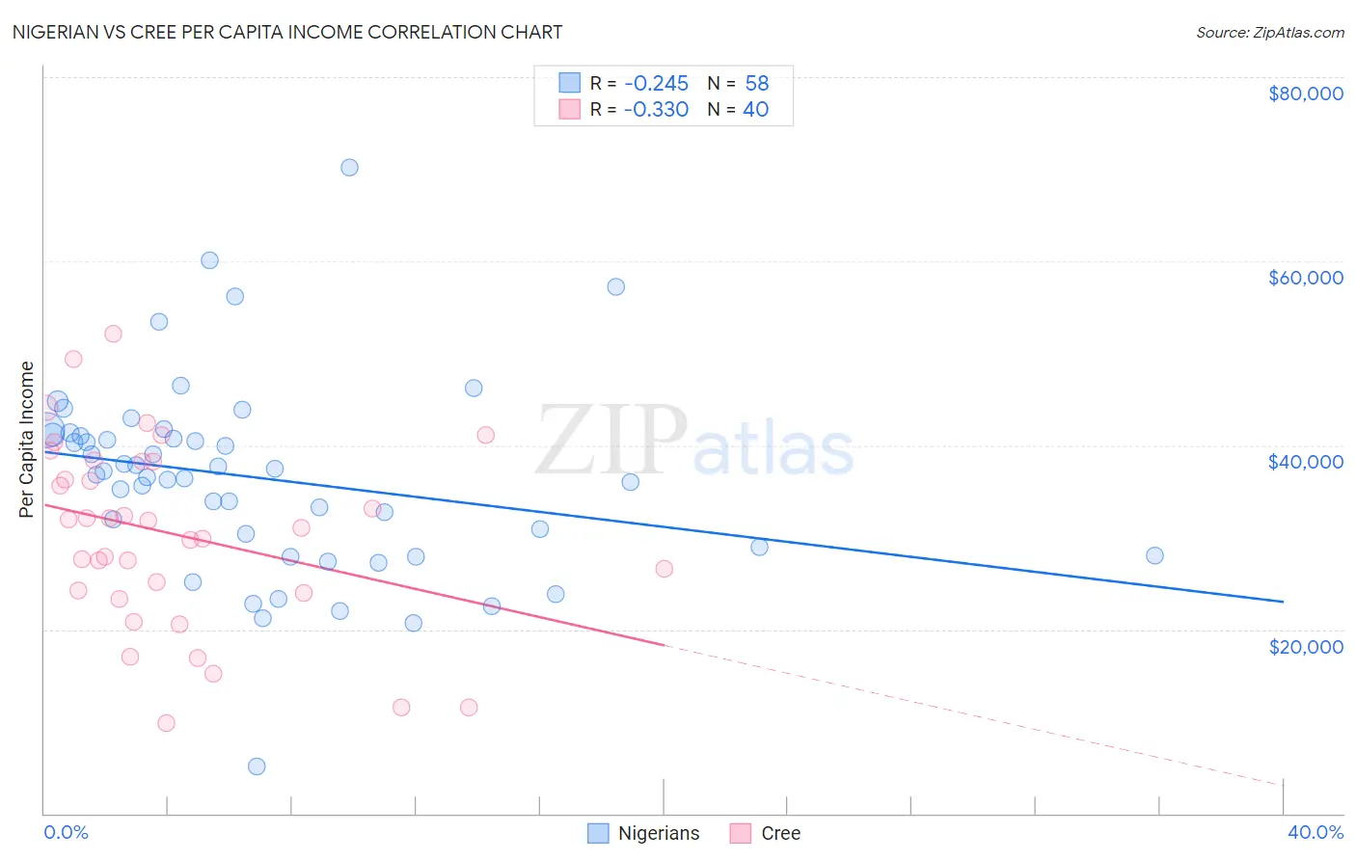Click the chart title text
(287, 32)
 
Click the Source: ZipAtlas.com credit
(1269, 33)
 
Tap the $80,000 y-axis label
(1305, 94)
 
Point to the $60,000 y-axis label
(1305, 278)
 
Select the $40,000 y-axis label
(1305, 462)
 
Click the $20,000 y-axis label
(1305, 646)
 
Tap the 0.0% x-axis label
(66, 832)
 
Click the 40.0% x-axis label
(1315, 832)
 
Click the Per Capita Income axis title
(27, 439)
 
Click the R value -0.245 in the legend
(656, 84)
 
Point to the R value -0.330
(656, 110)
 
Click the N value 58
(756, 84)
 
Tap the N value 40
(755, 110)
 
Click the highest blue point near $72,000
(349, 168)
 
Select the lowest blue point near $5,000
(257, 766)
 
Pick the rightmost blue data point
(1154, 555)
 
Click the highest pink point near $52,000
(113, 334)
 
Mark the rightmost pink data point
(664, 569)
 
